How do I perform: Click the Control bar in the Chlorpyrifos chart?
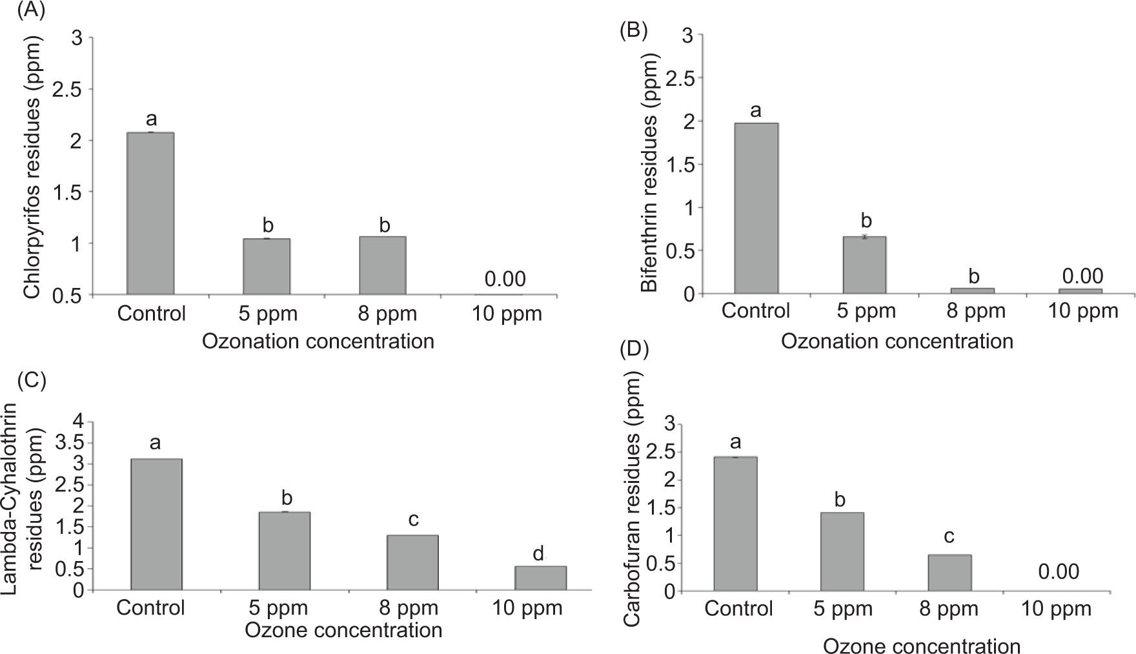pyautogui.click(x=150, y=213)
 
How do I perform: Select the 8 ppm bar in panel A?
pyautogui.click(x=382, y=265)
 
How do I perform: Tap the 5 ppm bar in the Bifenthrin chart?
pyautogui.click(x=864, y=265)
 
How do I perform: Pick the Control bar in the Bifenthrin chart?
pyautogui.click(x=756, y=208)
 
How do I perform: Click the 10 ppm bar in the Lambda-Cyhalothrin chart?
pyautogui.click(x=540, y=578)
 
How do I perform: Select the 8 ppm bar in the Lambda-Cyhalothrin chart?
pyautogui.click(x=412, y=562)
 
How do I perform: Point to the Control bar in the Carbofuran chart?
pyautogui.click(x=735, y=524)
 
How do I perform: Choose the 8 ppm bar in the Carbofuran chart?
pyautogui.click(x=949, y=573)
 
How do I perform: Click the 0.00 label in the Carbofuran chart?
pyautogui.click(x=1059, y=572)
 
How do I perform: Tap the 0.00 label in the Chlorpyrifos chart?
pyautogui.click(x=505, y=279)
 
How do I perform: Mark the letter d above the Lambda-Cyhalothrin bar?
pyautogui.click(x=538, y=554)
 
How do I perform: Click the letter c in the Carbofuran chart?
pyautogui.click(x=949, y=537)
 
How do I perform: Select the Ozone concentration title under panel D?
pyautogui.click(x=922, y=646)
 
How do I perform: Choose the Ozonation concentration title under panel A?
pyautogui.click(x=318, y=341)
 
